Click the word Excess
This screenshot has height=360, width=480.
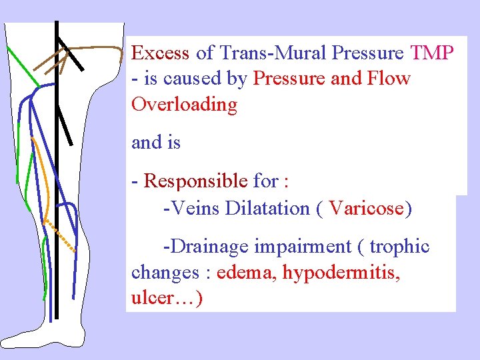click(x=161, y=53)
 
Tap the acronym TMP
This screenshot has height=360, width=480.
click(x=433, y=53)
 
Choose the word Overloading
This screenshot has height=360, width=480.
click(x=185, y=105)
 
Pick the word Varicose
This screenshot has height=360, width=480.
click(x=367, y=208)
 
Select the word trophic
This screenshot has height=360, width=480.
click(x=399, y=247)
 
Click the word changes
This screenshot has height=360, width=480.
click(x=163, y=273)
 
